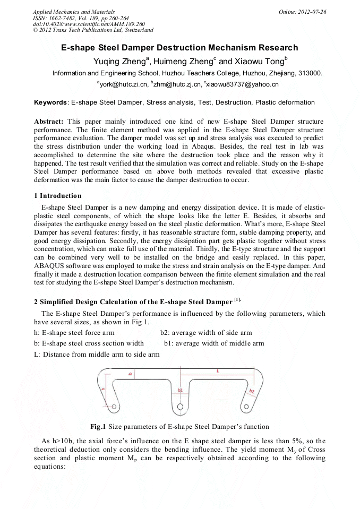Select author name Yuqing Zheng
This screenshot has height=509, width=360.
coord(119,61)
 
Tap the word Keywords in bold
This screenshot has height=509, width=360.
coord(50,102)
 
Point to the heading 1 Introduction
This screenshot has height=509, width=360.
coord(57,196)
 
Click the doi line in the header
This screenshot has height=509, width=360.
coord(88,24)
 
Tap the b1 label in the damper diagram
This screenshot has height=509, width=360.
coord(181,390)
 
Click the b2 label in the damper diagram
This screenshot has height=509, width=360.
coord(252,392)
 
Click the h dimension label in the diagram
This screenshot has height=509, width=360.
coord(103,389)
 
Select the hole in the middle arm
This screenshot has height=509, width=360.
coord(180,407)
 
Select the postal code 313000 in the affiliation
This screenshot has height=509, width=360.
coord(310,73)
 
